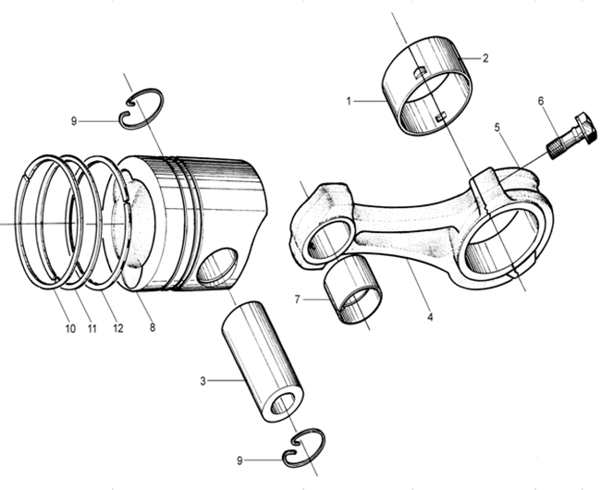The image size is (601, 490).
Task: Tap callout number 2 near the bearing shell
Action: [x=485, y=58]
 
